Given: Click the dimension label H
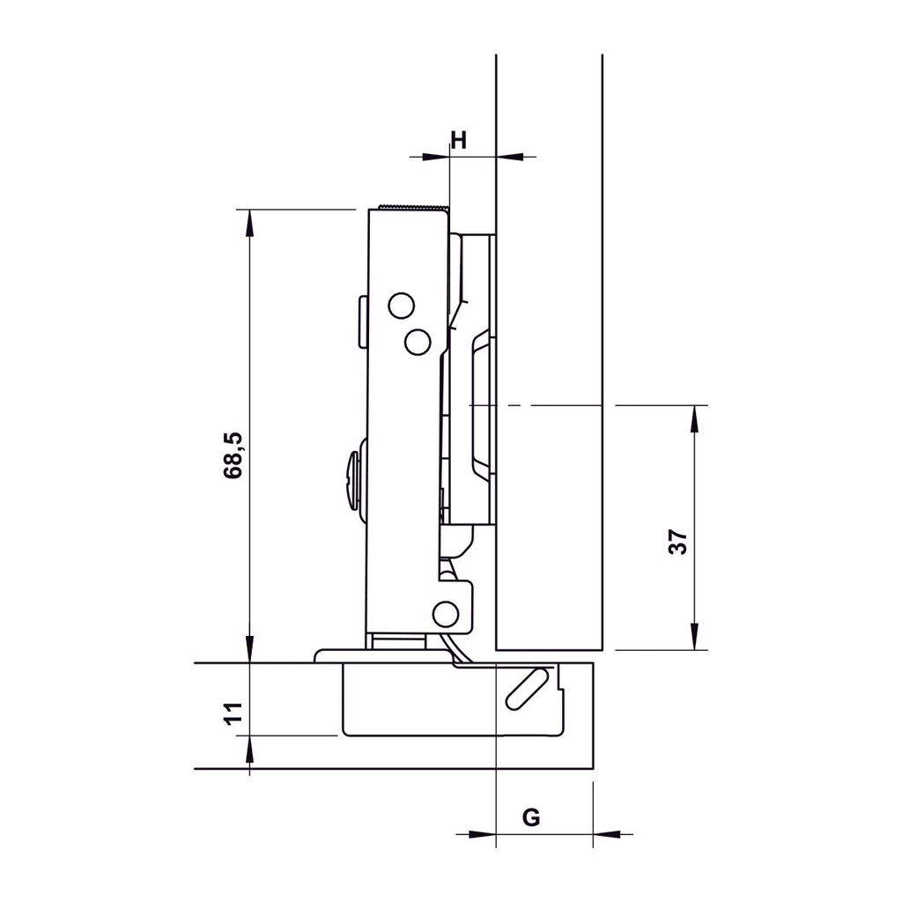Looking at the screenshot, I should [x=458, y=138].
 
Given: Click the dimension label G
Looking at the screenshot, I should [x=531, y=817].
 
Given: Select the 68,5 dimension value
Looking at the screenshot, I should [x=233, y=455].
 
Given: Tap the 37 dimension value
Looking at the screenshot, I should [x=677, y=542].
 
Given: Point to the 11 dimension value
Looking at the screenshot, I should [x=233, y=713].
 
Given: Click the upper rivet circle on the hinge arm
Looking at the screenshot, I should [x=401, y=306].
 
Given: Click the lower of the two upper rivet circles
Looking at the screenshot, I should [x=418, y=341].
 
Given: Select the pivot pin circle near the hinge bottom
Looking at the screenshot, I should [x=446, y=613].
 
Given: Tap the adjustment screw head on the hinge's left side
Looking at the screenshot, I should [x=354, y=479].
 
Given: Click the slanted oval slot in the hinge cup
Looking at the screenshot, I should [x=525, y=688].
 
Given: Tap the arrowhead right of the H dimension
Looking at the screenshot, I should [x=510, y=157].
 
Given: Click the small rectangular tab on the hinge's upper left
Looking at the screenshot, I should [x=362, y=322].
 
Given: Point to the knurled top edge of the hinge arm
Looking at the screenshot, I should [x=414, y=208].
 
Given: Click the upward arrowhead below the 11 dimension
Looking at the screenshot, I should [x=250, y=751].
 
